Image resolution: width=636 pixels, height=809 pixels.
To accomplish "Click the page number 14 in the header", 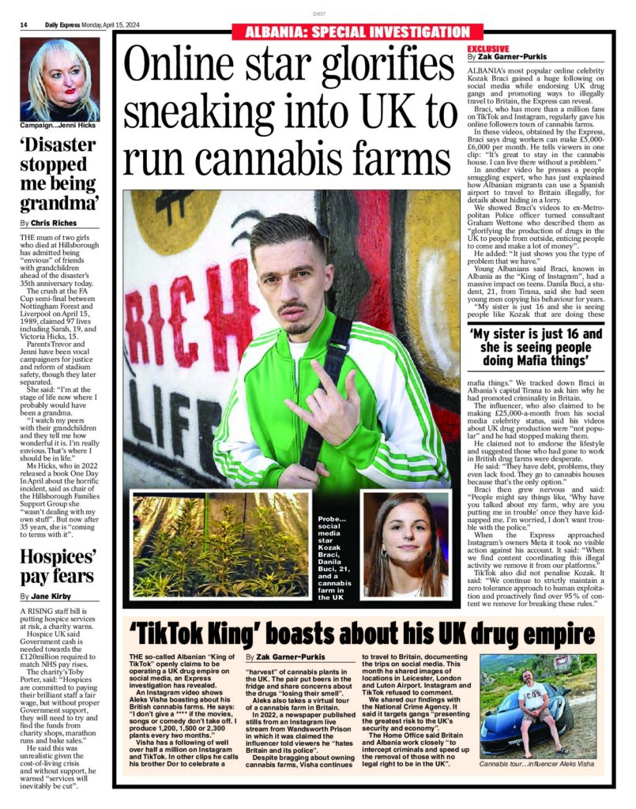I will point(24,25).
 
